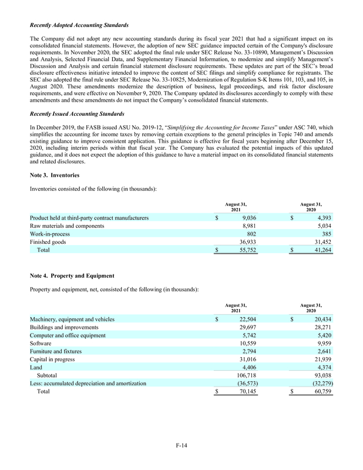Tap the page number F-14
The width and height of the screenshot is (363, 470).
coord(181,445)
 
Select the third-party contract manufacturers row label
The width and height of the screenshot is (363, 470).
coord(89,218)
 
